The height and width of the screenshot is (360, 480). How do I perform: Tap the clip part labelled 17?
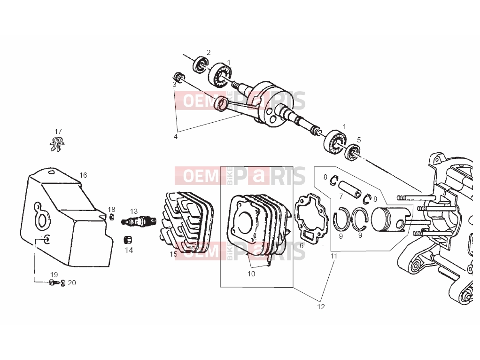point(58,144)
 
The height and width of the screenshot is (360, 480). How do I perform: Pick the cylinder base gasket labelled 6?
point(310,217)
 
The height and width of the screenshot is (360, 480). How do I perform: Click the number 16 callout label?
point(83,175)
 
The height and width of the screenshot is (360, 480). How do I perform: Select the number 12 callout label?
point(321,307)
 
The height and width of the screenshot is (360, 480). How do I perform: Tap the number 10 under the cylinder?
point(251,274)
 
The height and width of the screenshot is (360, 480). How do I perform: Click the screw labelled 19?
point(54,283)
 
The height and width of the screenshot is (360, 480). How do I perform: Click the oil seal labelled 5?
point(353,153)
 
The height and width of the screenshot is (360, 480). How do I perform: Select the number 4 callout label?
point(176,137)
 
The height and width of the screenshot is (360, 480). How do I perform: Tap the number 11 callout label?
point(334,256)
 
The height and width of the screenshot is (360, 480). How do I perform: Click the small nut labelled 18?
point(112,217)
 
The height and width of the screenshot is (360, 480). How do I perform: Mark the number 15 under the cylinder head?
point(174,254)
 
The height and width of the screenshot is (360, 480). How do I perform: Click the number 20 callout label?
point(72,283)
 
